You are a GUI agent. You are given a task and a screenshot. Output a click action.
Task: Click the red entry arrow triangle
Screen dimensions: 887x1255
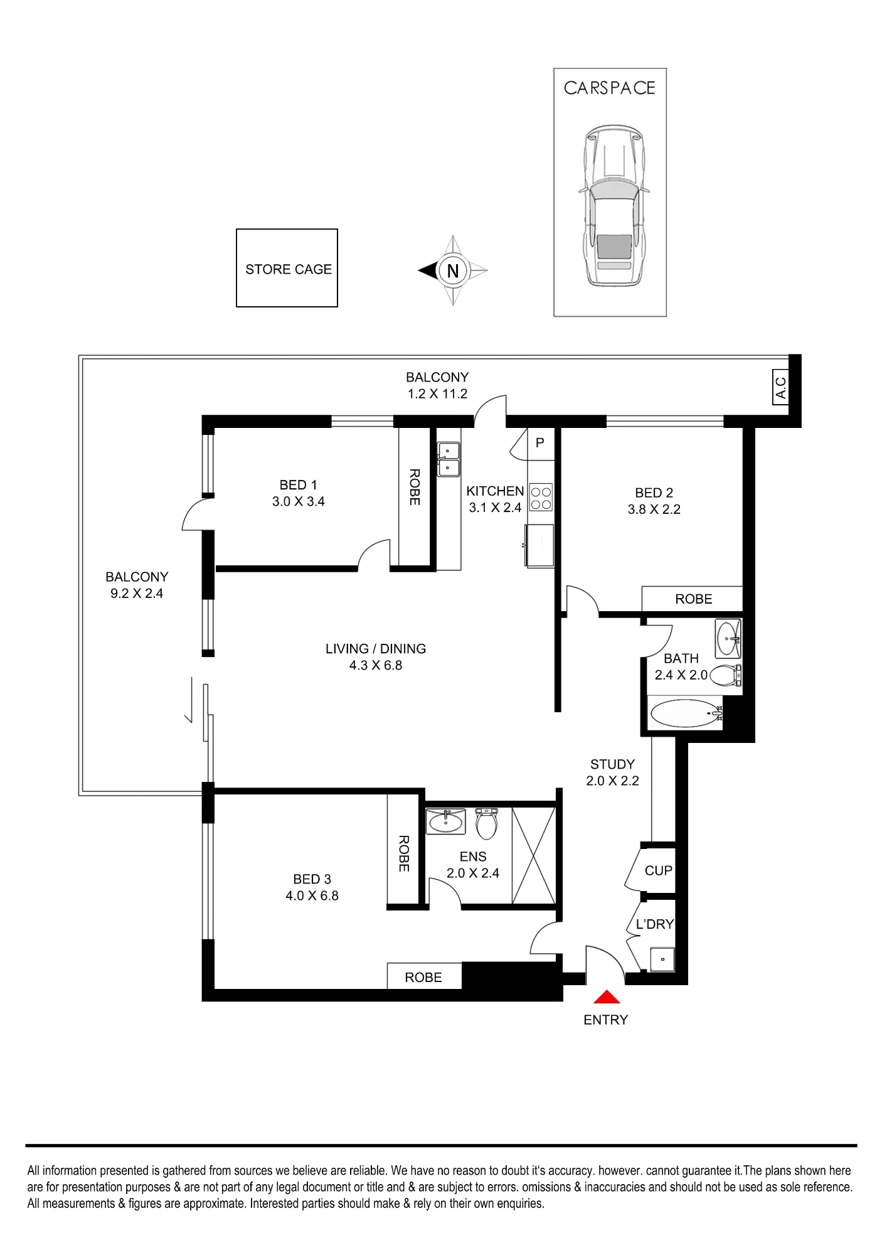(x=607, y=997)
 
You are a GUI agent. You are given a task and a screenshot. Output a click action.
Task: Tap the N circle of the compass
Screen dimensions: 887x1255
(x=453, y=270)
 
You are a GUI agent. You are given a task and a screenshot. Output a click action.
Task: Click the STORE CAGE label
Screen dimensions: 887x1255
(x=289, y=269)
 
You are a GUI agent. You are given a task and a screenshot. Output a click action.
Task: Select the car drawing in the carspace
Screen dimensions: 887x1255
(x=614, y=205)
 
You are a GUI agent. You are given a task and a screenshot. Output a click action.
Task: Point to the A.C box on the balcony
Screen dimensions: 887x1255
(x=780, y=387)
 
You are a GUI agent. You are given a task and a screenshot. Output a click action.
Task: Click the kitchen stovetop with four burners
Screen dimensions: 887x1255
(x=541, y=498)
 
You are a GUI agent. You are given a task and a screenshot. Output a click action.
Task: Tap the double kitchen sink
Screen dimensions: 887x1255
(x=449, y=459)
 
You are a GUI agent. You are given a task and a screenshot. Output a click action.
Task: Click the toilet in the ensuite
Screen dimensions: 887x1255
(x=487, y=823)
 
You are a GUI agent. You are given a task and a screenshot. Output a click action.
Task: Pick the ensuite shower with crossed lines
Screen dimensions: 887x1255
(x=534, y=855)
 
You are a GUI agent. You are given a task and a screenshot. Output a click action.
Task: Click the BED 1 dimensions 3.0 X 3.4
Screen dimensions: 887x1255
(x=299, y=501)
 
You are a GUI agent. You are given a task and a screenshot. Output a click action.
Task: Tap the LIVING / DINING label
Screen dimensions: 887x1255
(x=376, y=649)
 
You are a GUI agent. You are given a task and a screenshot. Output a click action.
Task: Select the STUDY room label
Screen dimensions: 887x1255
(x=612, y=764)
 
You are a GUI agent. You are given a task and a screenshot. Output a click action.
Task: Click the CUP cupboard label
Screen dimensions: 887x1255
(x=659, y=870)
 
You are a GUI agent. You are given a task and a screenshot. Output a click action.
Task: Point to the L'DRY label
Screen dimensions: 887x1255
(x=655, y=924)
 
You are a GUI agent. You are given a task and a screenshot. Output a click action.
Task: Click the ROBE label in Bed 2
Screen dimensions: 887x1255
(x=694, y=599)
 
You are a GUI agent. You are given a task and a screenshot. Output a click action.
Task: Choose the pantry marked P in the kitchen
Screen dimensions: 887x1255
(x=540, y=443)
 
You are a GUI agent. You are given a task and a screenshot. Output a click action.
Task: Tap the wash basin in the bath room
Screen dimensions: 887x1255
(x=728, y=638)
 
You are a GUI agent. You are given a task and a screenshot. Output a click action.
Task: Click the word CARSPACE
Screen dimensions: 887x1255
(x=610, y=88)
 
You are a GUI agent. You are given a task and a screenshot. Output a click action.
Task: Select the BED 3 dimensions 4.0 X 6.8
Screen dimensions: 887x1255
(x=312, y=895)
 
